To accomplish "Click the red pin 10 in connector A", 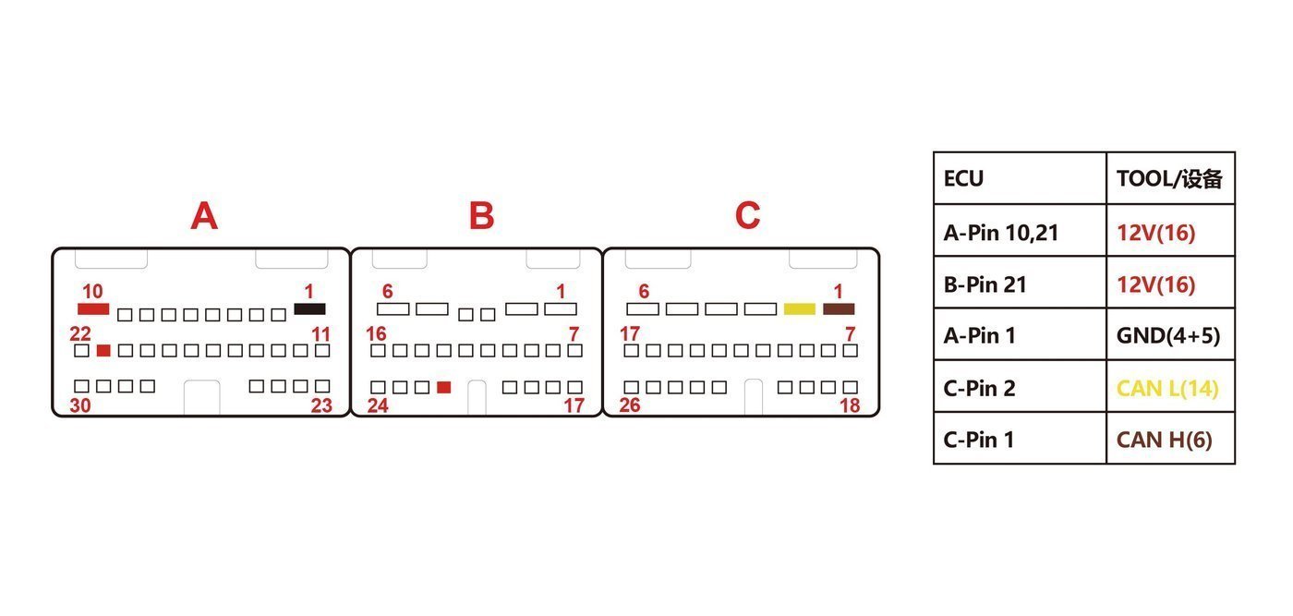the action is (x=93, y=308).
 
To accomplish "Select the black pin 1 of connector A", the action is (x=310, y=308).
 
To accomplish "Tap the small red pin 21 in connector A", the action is (x=103, y=350).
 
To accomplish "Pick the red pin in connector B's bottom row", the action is (x=444, y=387).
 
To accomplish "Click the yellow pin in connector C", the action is (x=800, y=308).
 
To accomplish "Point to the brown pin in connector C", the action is (x=839, y=308).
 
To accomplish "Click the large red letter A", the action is (x=204, y=216).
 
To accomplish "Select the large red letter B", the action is (x=481, y=216).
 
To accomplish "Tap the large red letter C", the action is (x=747, y=215).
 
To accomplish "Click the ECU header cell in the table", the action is (x=1020, y=178).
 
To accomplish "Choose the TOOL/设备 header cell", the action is (x=1171, y=178).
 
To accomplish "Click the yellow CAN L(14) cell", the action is (x=1171, y=387).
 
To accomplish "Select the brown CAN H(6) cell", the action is (x=1171, y=439).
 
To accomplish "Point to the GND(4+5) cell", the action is (x=1171, y=335).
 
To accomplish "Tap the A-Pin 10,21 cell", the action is (x=1020, y=232).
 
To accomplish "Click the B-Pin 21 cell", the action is (x=1020, y=284).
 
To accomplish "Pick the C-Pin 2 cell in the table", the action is (x=1020, y=387).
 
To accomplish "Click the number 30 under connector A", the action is (x=80, y=405).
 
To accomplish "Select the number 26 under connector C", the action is (x=630, y=405).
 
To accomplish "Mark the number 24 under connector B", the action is (x=378, y=405).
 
